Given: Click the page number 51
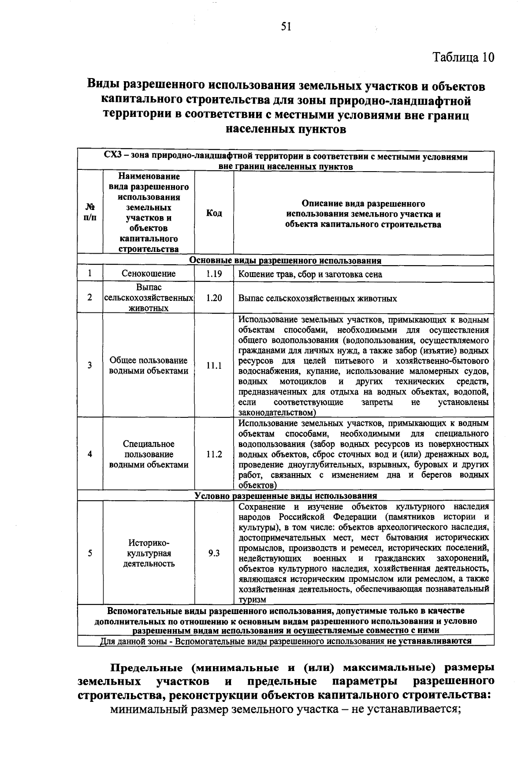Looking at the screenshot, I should click(x=286, y=27).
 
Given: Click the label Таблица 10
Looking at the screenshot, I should click(x=463, y=57).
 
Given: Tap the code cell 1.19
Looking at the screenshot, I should click(x=214, y=274).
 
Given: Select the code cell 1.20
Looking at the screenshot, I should click(x=214, y=298).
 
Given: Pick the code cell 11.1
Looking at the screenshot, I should click(x=214, y=366).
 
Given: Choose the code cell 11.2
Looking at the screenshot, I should click(x=214, y=454).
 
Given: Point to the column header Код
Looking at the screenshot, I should click(x=214, y=214).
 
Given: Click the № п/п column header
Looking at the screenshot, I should click(x=90, y=213).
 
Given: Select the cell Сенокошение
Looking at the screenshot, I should click(x=149, y=274).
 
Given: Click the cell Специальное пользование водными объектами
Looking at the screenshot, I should click(x=149, y=454).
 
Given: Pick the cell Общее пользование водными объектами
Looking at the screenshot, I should click(x=149, y=366).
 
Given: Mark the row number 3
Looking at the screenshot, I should click(x=90, y=366).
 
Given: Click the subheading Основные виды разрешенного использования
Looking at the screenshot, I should click(x=285, y=261).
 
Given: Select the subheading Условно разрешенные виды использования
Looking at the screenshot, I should click(x=285, y=496).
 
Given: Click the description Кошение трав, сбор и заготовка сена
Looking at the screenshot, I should click(x=310, y=274).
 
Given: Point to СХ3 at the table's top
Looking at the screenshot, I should click(x=114, y=156).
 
